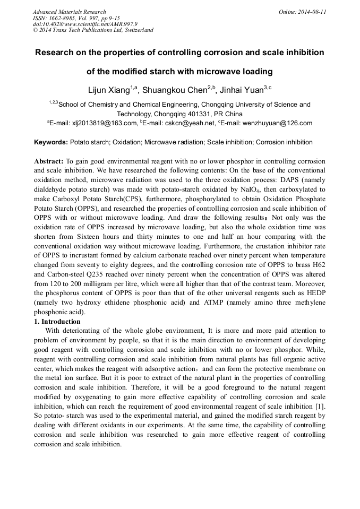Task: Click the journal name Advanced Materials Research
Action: [69, 12]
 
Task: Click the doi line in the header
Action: [85, 24]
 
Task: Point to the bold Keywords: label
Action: [51, 142]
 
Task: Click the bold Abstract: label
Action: [49, 161]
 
